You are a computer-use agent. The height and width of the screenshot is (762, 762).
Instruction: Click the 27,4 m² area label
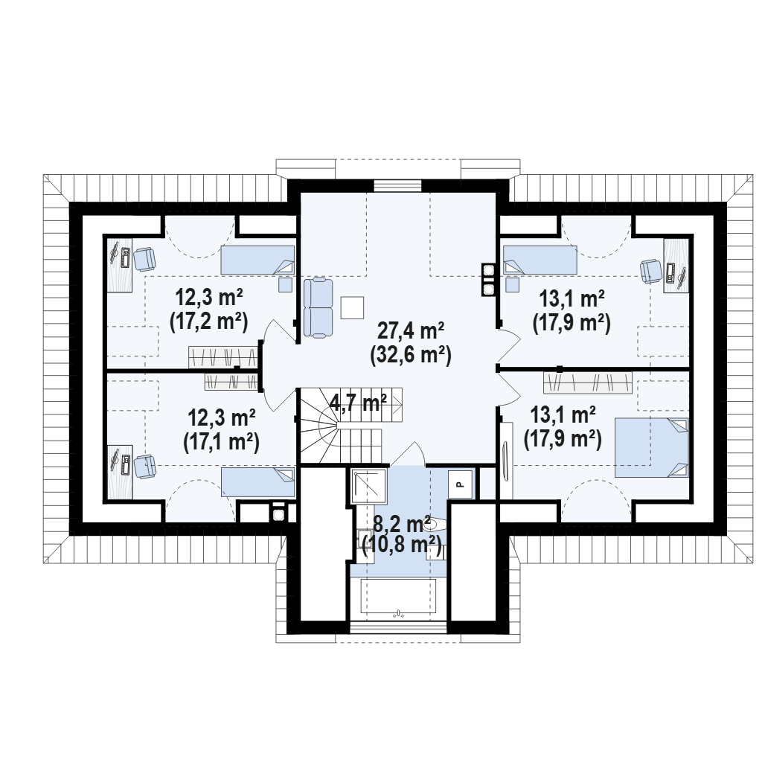(411, 331)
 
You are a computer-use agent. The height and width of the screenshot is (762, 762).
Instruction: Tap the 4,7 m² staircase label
(358, 403)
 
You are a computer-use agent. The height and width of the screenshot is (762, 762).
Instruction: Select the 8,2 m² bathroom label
(402, 525)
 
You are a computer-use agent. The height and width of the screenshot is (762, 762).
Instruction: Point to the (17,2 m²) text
(209, 321)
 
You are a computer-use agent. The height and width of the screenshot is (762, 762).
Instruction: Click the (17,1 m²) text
(221, 442)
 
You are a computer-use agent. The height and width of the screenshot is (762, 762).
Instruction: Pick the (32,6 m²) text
(411, 355)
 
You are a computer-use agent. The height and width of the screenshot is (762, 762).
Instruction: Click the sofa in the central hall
(318, 307)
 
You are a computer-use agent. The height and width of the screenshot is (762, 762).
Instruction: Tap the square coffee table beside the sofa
(352, 307)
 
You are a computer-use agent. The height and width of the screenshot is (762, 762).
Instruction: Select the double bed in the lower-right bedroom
(652, 447)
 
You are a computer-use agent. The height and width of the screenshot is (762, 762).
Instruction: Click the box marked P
(460, 484)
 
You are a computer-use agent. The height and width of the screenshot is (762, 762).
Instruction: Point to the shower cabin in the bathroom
(368, 486)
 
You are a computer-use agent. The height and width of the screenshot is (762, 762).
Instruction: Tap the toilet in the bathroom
(438, 525)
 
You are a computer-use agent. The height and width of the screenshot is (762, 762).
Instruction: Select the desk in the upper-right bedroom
(676, 266)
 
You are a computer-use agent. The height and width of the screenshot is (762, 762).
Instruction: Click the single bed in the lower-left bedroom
(258, 482)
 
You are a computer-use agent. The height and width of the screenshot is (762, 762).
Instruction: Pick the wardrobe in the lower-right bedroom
(588, 382)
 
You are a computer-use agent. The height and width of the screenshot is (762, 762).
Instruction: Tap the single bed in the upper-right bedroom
(540, 260)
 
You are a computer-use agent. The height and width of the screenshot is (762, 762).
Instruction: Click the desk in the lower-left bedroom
(120, 471)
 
